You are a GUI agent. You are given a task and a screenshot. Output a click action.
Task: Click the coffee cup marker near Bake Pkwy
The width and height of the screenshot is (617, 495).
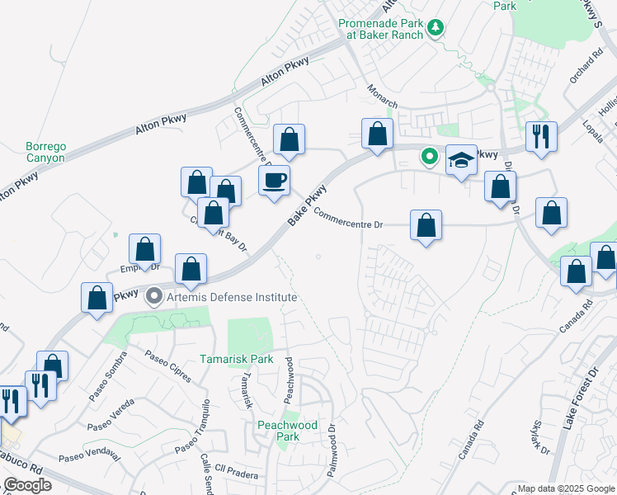274,179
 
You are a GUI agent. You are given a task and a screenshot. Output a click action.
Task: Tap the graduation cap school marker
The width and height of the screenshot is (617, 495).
462,160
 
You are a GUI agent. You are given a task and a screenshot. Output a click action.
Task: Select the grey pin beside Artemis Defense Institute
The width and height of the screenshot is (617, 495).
153,295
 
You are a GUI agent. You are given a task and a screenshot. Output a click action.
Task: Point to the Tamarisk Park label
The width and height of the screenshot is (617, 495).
236,359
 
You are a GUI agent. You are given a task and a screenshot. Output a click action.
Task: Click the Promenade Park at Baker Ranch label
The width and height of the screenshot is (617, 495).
381,29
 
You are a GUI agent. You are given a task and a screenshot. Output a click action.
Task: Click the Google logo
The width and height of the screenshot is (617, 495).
27,485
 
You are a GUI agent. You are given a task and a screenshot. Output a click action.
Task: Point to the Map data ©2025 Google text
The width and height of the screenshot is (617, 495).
566,488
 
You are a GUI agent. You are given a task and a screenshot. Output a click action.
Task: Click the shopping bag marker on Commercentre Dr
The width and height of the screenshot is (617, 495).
426,225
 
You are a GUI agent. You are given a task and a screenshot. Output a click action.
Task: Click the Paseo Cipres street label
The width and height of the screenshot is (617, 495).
167,366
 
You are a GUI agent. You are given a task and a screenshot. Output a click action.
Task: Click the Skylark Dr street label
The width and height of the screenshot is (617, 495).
540,436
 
